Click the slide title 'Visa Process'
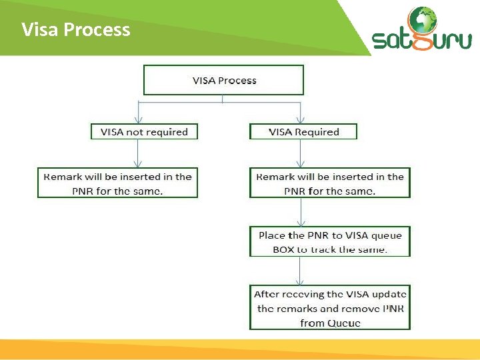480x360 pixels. pyautogui.click(x=75, y=30)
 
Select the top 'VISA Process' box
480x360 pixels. pyautogui.click(x=223, y=80)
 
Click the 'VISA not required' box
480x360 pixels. pyautogui.click(x=144, y=132)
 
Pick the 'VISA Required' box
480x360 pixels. pyautogui.click(x=303, y=132)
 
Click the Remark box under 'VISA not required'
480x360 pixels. pyautogui.click(x=117, y=183)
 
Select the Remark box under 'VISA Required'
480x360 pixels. pyautogui.click(x=330, y=183)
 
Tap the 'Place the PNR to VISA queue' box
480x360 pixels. pyautogui.click(x=330, y=242)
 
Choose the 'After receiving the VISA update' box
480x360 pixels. pyautogui.click(x=330, y=308)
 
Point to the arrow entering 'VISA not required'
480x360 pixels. pyautogui.click(x=137, y=115)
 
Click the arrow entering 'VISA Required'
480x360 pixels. pyautogui.click(x=301, y=115)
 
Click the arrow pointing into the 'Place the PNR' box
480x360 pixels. pyautogui.click(x=301, y=213)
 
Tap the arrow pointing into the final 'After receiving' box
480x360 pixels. pyautogui.click(x=301, y=271)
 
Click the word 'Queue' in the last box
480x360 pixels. pyautogui.click(x=345, y=323)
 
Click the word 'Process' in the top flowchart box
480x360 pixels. pyautogui.click(x=237, y=80)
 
